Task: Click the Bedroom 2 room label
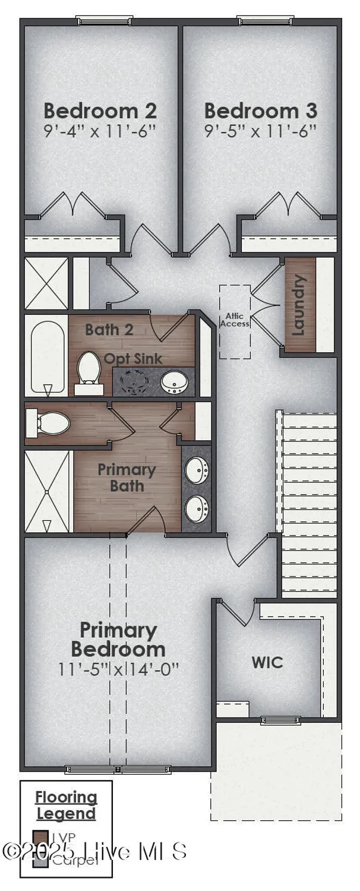tap(100, 111)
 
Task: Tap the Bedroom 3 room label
tap(260, 111)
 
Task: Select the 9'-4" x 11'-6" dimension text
tap(100, 131)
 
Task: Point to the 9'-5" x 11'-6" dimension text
tap(260, 131)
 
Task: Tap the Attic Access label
tap(235, 320)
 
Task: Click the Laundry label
tap(299, 304)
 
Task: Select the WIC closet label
tap(267, 662)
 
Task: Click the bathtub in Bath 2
tap(47, 355)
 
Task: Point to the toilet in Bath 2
tap(90, 371)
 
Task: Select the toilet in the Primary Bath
tap(50, 424)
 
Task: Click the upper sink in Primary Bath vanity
tap(196, 471)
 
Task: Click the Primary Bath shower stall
tap(48, 491)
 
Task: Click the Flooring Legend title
tap(66, 805)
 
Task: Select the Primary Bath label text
tap(127, 478)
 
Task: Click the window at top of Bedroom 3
tap(260, 21)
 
